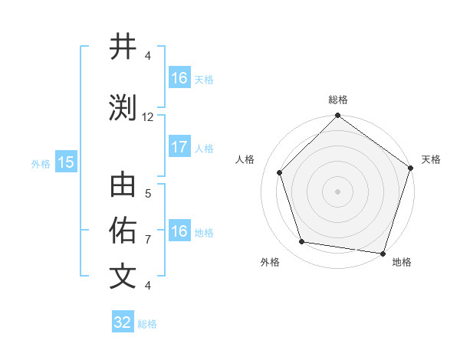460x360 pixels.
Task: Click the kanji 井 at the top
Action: pos(123,47)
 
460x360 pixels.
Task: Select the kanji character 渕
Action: pos(123,107)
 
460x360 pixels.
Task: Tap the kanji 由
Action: pos(123,186)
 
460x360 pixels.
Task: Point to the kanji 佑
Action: pos(123,231)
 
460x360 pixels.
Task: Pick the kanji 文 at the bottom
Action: pos(123,276)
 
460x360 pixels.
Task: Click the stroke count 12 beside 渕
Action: pos(148,116)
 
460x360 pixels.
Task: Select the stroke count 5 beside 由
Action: pos(148,194)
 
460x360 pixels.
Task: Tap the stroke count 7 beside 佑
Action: pos(148,240)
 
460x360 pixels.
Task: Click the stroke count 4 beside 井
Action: pos(148,55)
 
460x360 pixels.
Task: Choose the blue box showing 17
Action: pos(179,147)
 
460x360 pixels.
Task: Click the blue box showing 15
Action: pos(65,162)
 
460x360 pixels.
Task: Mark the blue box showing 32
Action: pos(122,322)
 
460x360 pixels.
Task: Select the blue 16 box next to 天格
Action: pos(179,77)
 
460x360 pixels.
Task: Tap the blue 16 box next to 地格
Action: pos(179,231)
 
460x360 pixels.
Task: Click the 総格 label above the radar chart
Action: pos(337,100)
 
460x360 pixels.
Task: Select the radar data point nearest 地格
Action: pos(382,253)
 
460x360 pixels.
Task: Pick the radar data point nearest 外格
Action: pos(302,242)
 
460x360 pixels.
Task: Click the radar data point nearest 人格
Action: pos(279,173)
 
